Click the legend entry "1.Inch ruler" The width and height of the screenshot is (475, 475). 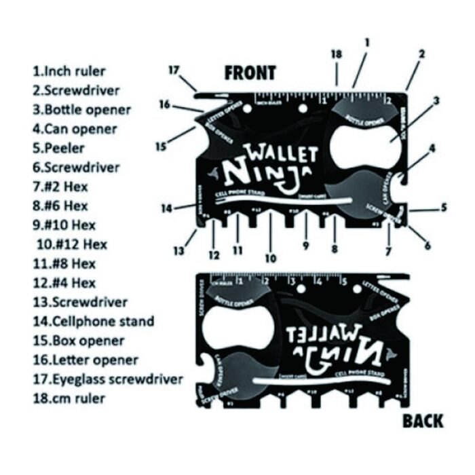[69, 70]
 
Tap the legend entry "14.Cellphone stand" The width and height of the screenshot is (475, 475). [93, 321]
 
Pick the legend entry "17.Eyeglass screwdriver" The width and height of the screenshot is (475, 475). [107, 379]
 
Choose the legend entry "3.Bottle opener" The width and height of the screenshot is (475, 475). [81, 109]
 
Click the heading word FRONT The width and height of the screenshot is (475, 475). [251, 73]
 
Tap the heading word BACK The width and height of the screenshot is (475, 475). [423, 421]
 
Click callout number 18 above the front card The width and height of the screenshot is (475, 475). [337, 54]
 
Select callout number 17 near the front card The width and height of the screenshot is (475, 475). [174, 69]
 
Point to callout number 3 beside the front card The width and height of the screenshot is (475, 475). [436, 101]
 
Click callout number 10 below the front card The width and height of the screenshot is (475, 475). [271, 258]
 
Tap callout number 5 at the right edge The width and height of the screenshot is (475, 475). [443, 208]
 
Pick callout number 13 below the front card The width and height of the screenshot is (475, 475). [178, 250]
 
